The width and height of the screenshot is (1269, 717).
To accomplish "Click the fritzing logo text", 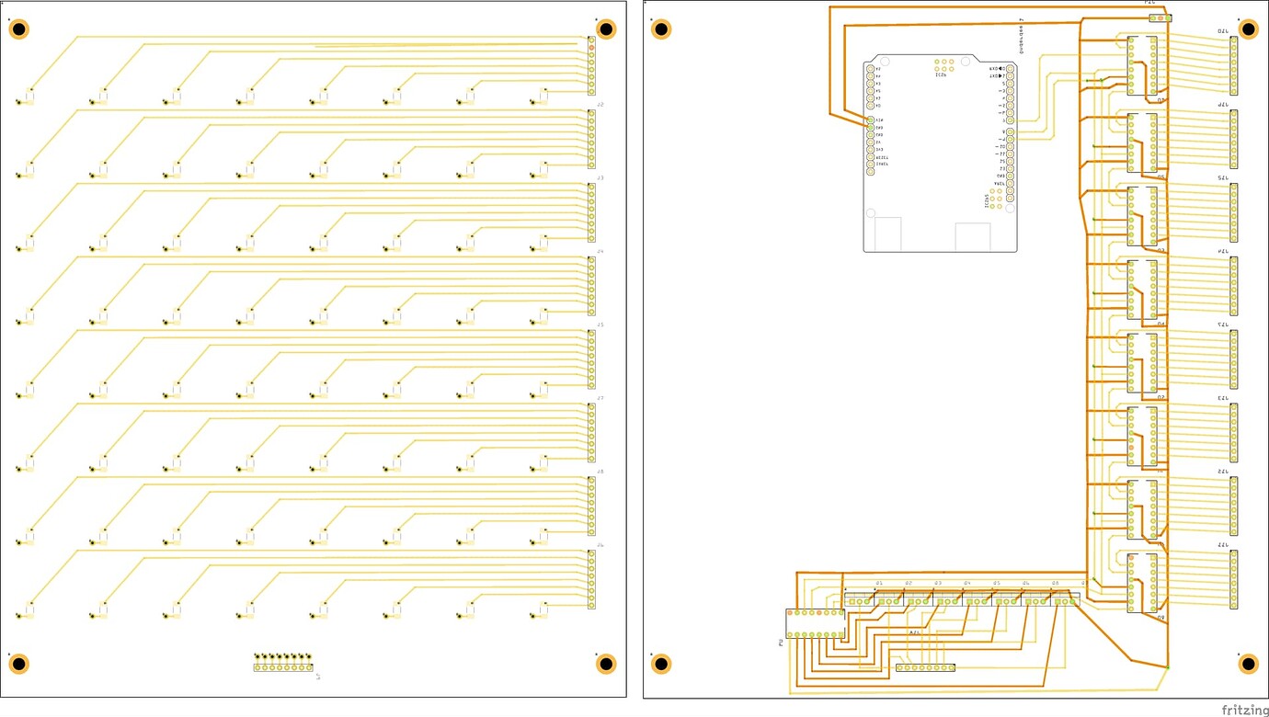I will pyautogui.click(x=1244, y=710).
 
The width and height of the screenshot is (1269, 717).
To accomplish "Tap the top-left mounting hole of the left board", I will pyautogui.click(x=18, y=29).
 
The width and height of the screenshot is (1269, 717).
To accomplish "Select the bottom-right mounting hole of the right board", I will pyautogui.click(x=1248, y=664).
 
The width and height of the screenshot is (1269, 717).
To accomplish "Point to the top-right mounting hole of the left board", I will pyautogui.click(x=606, y=29).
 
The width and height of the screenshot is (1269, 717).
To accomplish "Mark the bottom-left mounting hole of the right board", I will pyautogui.click(x=661, y=664).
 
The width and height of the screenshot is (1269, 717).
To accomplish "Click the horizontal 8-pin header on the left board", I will pyautogui.click(x=283, y=667).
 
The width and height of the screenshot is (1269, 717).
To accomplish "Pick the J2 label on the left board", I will pyautogui.click(x=600, y=105).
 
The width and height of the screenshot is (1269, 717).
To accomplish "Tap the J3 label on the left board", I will pyautogui.click(x=600, y=177).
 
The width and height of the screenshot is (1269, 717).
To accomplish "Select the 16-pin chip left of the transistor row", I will pyautogui.click(x=816, y=623).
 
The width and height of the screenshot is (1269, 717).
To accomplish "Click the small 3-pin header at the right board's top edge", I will pyautogui.click(x=1160, y=17).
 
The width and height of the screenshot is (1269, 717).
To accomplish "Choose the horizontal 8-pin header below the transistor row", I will pyautogui.click(x=925, y=667).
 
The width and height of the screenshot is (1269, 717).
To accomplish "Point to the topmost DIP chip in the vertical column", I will pyautogui.click(x=1142, y=64).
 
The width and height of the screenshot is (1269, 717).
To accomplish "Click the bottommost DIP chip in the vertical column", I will pyautogui.click(x=1142, y=584).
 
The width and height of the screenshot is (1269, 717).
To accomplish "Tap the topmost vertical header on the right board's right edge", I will pyautogui.click(x=1234, y=65).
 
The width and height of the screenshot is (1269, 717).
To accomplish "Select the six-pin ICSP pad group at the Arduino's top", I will pyautogui.click(x=943, y=65).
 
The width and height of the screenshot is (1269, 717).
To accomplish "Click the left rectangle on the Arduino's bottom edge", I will pyautogui.click(x=888, y=234).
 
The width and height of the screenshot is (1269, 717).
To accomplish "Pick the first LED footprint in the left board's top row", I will pyautogui.click(x=27, y=97).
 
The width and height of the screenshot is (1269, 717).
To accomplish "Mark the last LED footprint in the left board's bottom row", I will pyautogui.click(x=541, y=610).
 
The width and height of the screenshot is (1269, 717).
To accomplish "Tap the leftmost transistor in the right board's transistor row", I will pyautogui.click(x=860, y=600).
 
